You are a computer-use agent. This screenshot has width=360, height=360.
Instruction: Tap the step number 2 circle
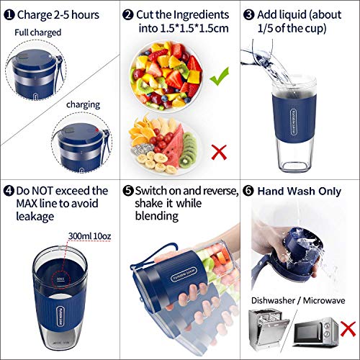pos(127,14)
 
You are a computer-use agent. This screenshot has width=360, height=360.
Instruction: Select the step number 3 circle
pos(248,14)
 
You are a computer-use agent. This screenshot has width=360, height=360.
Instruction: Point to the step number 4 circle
pos(8,192)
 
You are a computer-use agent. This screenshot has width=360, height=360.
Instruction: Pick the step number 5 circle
pos(127,192)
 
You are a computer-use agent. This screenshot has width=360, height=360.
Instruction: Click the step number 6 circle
pos(248,192)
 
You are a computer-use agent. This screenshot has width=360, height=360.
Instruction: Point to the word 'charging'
pos(84,104)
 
